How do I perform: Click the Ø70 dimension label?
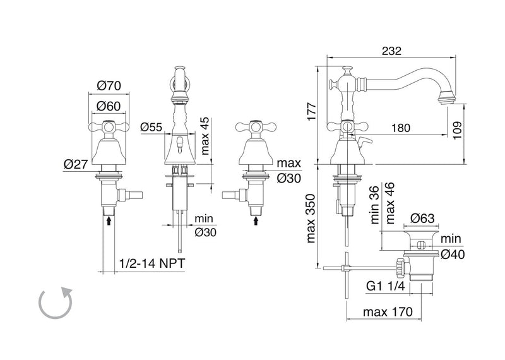pyautogui.click(x=109, y=86)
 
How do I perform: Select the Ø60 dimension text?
pyautogui.click(x=109, y=106)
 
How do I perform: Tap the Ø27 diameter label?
pyautogui.click(x=76, y=164)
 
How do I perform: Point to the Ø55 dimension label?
pyautogui.click(x=151, y=127)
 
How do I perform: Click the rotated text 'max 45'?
pyautogui.click(x=205, y=136)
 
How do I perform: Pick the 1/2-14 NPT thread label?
pyautogui.click(x=152, y=263)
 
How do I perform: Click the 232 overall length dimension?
pyautogui.click(x=391, y=51)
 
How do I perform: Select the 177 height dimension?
pyautogui.click(x=312, y=112)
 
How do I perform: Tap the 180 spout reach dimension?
pyautogui.click(x=401, y=128)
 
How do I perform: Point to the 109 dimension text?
pyautogui.click(x=457, y=130)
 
